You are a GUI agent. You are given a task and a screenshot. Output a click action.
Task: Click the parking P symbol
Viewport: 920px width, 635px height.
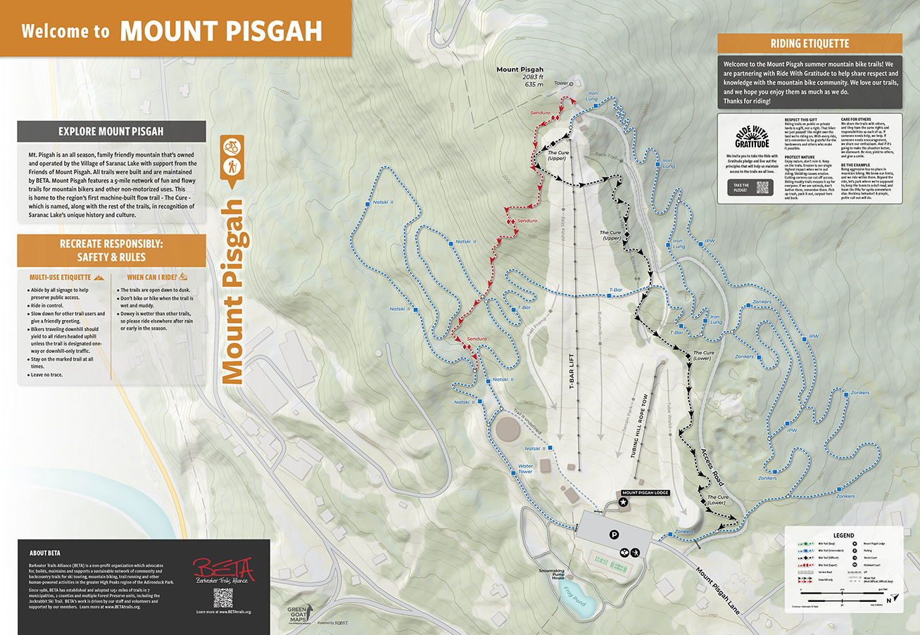614,535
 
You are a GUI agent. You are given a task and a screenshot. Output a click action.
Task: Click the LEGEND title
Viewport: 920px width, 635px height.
843,535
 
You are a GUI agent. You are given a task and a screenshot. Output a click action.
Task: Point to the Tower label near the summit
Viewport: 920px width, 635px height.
560,84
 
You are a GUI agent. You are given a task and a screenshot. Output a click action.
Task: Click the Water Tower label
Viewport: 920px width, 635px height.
525,469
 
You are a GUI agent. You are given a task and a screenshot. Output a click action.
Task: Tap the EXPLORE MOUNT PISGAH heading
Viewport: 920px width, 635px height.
111,131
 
